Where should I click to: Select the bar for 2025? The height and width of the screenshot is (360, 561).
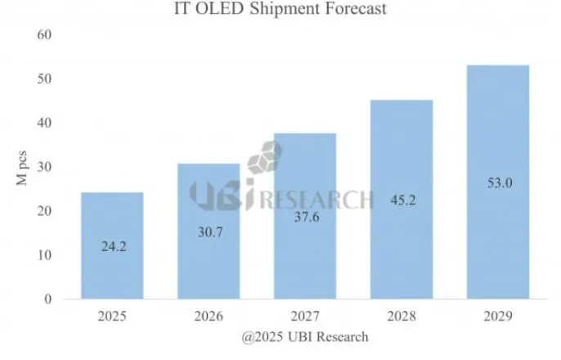[x=112, y=245]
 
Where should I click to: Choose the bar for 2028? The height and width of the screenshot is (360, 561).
[x=402, y=245]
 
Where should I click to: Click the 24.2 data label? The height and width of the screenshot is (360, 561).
[x=112, y=244]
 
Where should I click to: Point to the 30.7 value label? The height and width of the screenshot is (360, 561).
[x=209, y=232]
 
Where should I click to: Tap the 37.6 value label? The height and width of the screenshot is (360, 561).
[x=305, y=217]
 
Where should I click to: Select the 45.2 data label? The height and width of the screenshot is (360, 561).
[x=402, y=200]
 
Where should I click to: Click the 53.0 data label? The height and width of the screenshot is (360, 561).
[x=498, y=183]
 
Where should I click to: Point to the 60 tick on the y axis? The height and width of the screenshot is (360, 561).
[x=45, y=35]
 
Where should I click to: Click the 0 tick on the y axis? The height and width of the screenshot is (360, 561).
[x=48, y=299]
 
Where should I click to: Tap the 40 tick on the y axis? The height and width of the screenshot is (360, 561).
[x=45, y=123]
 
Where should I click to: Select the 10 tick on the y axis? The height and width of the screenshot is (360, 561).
[x=45, y=255]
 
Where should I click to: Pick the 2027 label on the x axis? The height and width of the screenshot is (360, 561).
[x=305, y=315]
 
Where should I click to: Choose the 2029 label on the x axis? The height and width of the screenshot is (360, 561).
[x=498, y=315]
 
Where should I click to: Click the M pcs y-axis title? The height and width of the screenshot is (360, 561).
[x=22, y=167]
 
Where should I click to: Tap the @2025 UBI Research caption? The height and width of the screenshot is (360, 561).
[x=304, y=336]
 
